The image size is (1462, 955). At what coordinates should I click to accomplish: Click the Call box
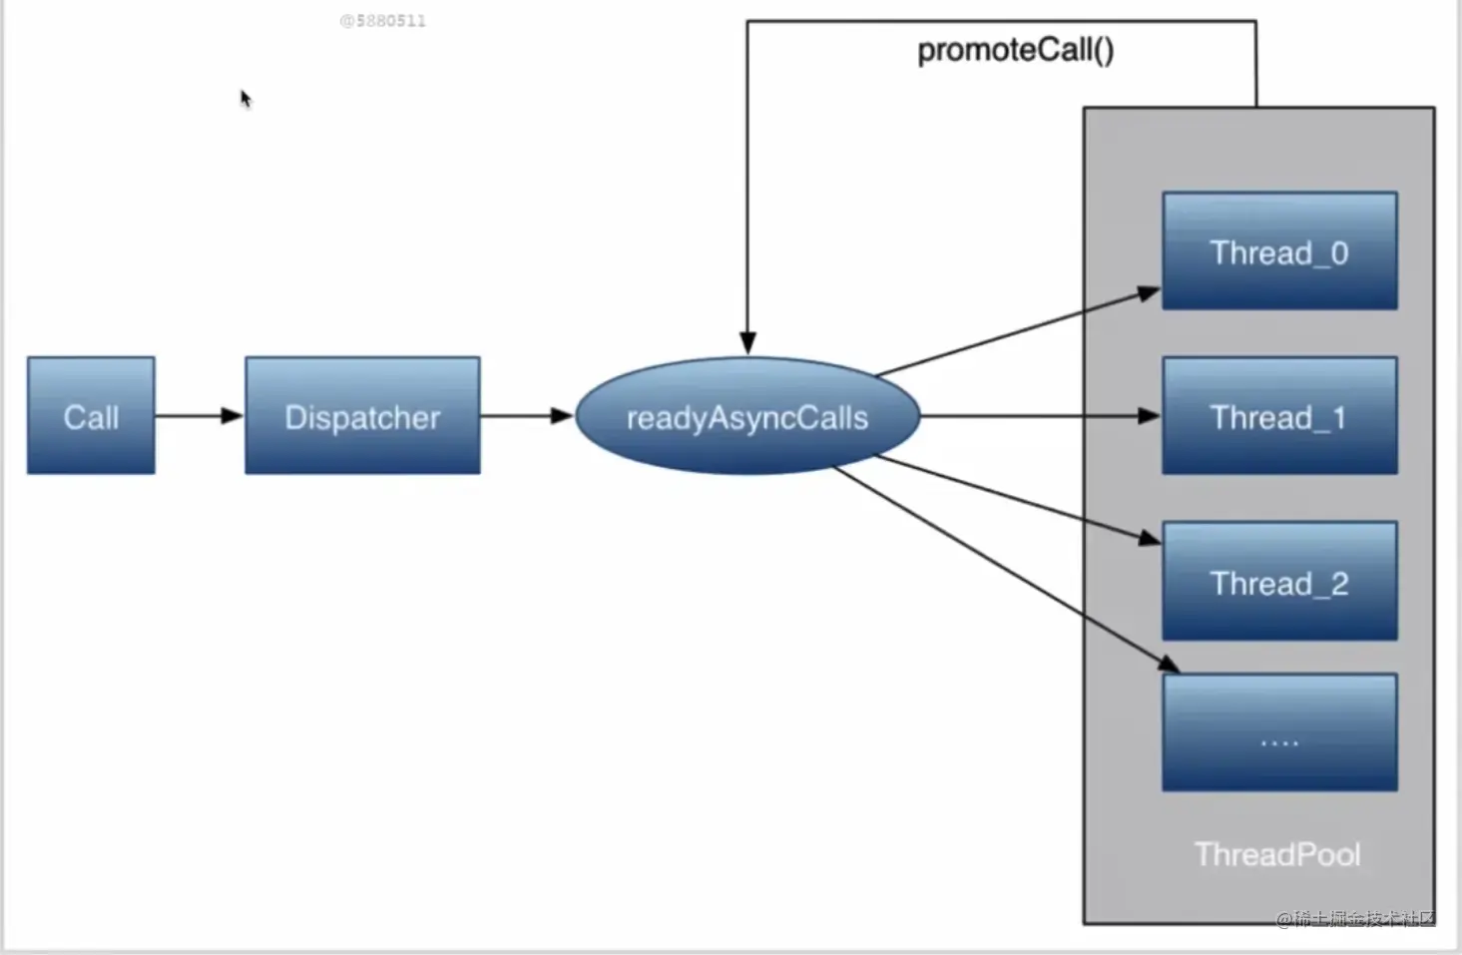(91, 415)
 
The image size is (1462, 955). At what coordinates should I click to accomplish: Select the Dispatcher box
(362, 415)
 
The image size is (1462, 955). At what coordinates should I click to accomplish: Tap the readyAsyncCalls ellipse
(747, 416)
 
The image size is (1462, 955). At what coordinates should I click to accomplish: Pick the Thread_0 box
(1279, 250)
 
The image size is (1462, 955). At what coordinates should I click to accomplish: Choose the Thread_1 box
(1279, 415)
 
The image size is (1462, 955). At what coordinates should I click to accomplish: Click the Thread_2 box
(1279, 581)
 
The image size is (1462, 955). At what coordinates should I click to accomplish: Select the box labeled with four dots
(1279, 732)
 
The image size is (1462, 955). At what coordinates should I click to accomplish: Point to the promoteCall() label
(1015, 50)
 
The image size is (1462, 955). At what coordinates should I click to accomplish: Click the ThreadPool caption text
(1277, 854)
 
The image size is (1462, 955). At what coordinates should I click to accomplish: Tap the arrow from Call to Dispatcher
(199, 415)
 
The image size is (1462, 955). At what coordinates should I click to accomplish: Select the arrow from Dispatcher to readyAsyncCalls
(527, 415)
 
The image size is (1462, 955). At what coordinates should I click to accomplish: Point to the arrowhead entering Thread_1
(1150, 415)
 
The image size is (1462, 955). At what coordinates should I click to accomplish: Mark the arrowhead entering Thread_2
(1150, 538)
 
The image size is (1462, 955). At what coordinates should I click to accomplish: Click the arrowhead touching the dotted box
(1168, 664)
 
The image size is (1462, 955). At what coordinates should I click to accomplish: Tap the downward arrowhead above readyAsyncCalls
(747, 342)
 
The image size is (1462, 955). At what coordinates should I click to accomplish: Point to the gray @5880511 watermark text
(383, 21)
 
